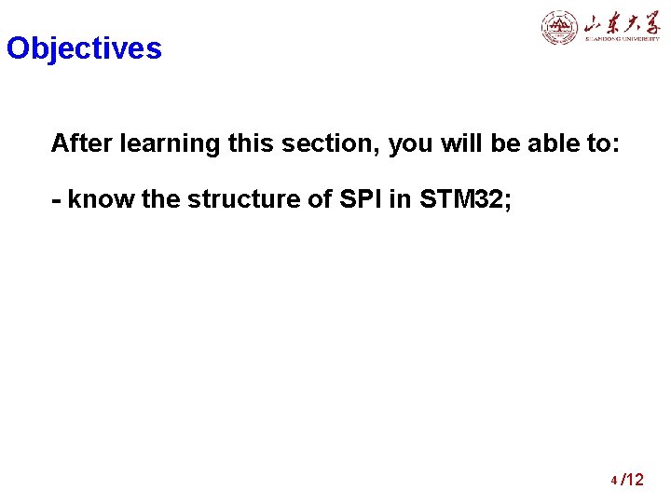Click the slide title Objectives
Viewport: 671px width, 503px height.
pos(84,48)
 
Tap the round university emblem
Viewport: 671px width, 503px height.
pos(560,27)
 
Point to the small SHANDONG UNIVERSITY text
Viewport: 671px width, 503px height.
pos(622,40)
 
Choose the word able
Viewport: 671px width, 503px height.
pos(541,143)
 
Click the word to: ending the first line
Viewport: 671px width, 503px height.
pos(600,143)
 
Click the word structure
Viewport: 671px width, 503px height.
pos(237,200)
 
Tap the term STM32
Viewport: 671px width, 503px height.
pos(458,200)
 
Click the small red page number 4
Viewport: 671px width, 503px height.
pos(614,482)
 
